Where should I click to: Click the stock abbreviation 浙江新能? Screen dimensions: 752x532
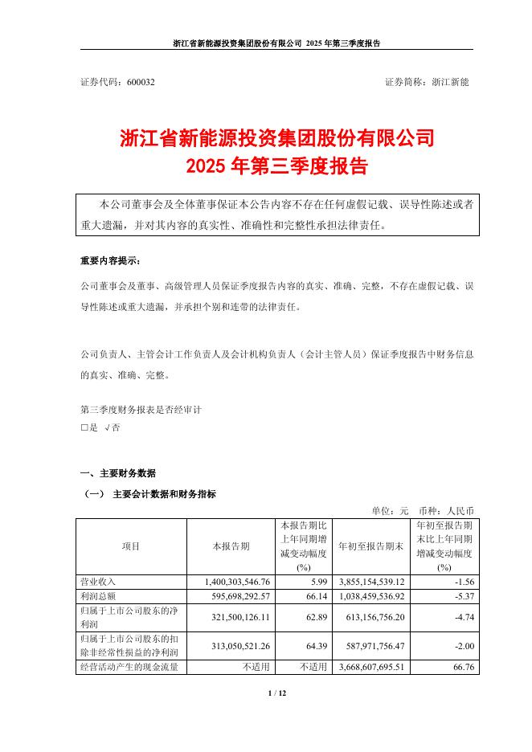452,83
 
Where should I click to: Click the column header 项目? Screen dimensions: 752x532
131,546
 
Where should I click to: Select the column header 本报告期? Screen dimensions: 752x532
231,546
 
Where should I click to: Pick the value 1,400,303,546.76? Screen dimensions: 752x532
231,581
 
